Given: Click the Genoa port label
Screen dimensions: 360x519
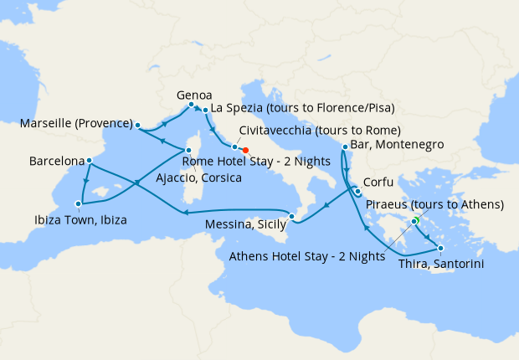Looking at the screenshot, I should click(194, 95).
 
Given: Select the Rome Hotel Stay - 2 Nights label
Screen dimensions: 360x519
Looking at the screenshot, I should click(236, 162).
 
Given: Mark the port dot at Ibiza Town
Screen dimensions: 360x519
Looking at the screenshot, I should click(79, 203).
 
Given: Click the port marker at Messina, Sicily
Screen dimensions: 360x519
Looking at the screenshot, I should click(291, 218).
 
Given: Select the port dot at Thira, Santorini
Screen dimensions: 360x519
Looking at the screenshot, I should click(440, 248).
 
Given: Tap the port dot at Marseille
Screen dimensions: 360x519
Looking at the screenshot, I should click(137, 125).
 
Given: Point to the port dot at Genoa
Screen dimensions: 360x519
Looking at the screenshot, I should click(192, 105).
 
